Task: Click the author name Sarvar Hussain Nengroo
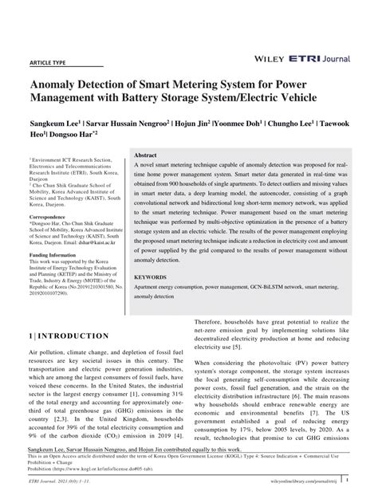[128, 124]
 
